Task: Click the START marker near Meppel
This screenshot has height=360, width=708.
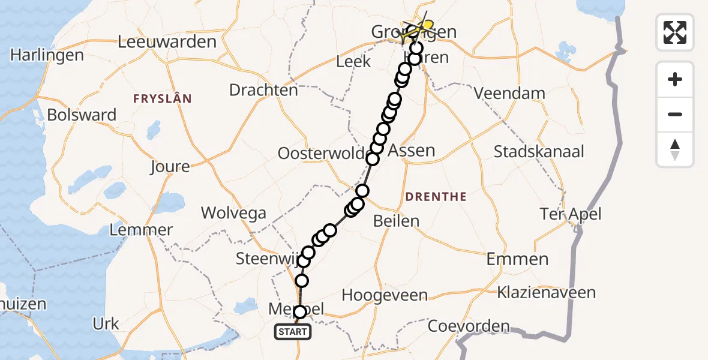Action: coord(293,332)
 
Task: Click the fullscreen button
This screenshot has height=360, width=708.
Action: coord(675,32)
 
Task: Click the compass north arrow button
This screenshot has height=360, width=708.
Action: coord(675,149)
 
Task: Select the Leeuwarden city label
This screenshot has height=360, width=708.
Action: coord(167,42)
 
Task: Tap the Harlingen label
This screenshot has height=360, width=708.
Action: coord(47,55)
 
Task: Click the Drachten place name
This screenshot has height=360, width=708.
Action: coord(263,90)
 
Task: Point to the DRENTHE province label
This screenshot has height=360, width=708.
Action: coord(436,196)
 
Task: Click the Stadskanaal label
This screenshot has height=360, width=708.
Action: coord(539,151)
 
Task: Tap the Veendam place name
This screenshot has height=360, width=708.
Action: coord(509,93)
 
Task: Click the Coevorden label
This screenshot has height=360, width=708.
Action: coord(469,328)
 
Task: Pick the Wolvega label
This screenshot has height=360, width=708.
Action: coord(233,212)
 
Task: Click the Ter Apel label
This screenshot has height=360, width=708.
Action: coord(571,214)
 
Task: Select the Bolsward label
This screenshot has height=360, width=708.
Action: coord(82,115)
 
